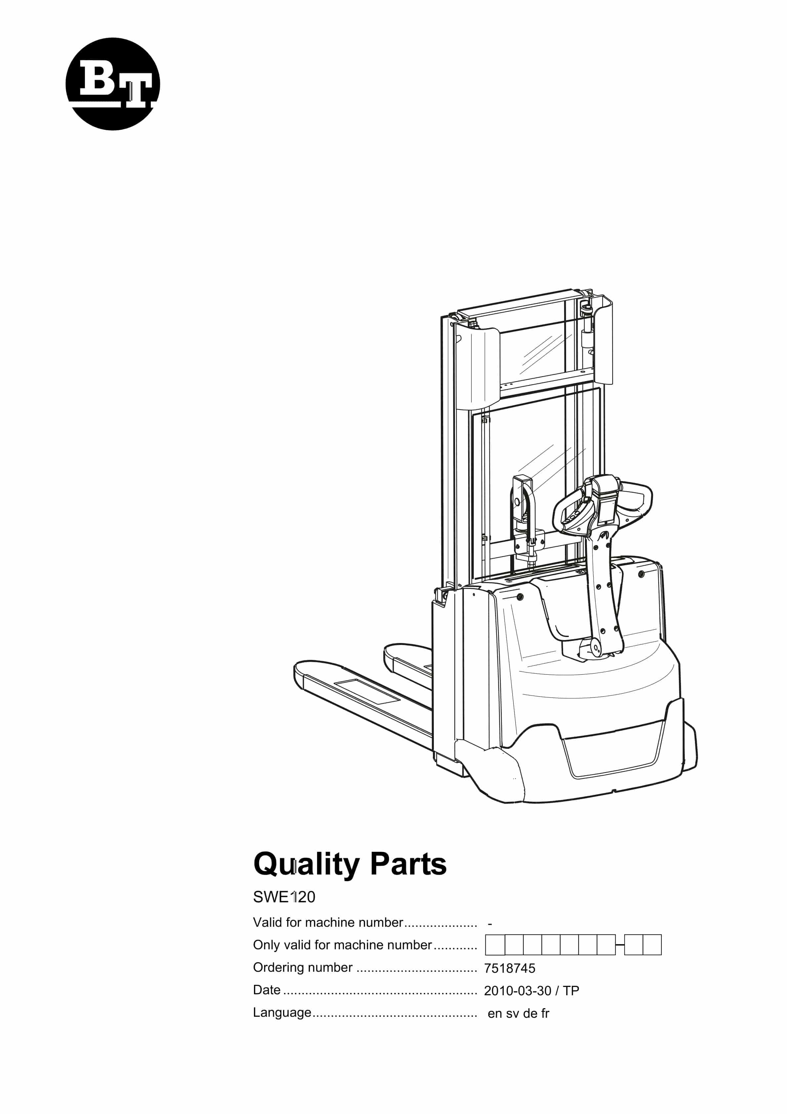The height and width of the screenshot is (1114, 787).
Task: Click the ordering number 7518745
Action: coord(510,968)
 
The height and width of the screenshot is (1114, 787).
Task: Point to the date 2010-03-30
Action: coord(517,991)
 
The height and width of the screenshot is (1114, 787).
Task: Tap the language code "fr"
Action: coord(545,1013)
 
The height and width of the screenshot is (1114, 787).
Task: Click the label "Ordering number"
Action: coord(303,967)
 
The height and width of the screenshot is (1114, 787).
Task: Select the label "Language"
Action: coord(282,1013)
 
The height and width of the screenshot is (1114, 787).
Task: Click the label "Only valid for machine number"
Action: coord(342,945)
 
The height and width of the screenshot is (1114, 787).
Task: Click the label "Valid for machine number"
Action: coord(328,922)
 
